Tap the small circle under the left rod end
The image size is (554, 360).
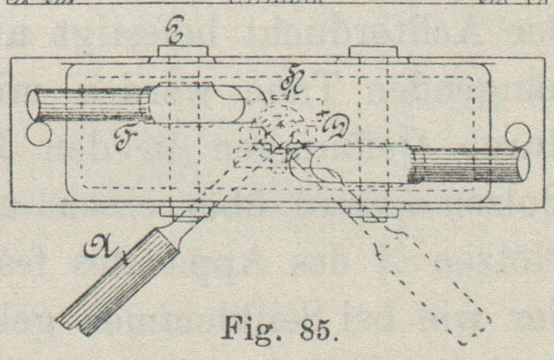(x=39, y=134)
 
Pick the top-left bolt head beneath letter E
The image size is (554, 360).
(x=182, y=51)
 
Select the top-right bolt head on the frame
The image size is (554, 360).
(x=374, y=51)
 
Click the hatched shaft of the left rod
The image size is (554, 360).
(x=86, y=104)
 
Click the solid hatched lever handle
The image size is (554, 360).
(x=121, y=283)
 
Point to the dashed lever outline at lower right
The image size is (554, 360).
(x=438, y=277)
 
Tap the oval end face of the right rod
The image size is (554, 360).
(x=523, y=164)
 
